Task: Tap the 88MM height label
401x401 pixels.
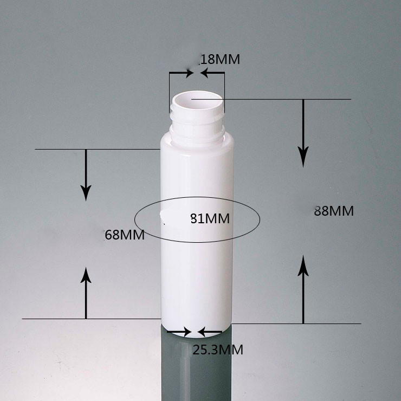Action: (334, 211)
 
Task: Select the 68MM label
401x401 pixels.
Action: (124, 235)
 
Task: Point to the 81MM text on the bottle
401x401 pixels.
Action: (210, 219)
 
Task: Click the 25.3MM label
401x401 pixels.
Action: (218, 350)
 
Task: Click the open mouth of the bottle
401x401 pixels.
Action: (197, 100)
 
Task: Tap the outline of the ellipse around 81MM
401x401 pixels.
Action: (260, 219)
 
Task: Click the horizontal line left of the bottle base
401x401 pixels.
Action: (92, 319)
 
